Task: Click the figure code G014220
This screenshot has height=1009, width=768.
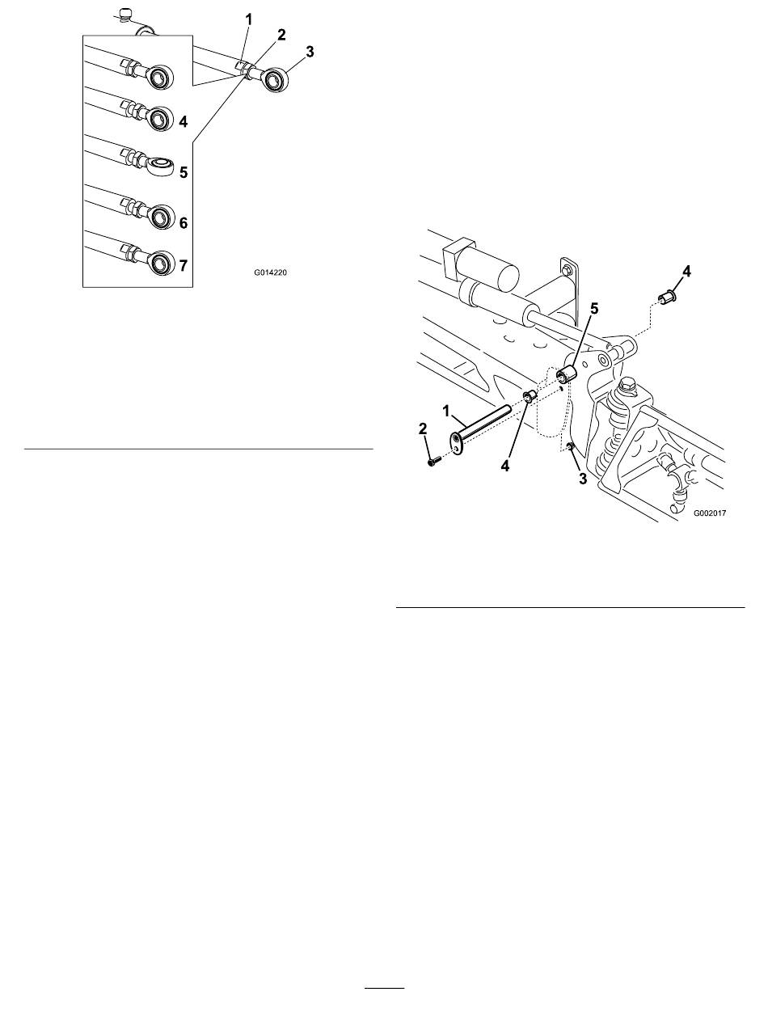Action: (x=270, y=272)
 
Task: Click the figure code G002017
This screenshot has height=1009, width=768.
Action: (x=710, y=513)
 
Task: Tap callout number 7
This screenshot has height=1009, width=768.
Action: (x=183, y=265)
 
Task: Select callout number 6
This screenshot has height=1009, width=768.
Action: (x=183, y=223)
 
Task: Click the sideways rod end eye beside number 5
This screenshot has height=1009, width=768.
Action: (x=161, y=166)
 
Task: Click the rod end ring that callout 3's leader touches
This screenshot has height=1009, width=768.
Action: (x=276, y=80)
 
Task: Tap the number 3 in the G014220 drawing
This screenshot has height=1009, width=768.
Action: (x=310, y=53)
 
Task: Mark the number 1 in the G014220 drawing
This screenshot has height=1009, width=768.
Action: (x=249, y=19)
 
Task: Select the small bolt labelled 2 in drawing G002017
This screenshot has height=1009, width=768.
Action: (x=434, y=461)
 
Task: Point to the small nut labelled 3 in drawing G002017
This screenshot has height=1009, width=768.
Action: (x=570, y=445)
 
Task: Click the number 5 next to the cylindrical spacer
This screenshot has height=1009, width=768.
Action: (x=594, y=309)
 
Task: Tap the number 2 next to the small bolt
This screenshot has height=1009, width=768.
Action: (x=422, y=429)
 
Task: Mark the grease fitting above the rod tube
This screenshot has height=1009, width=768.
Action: (x=123, y=15)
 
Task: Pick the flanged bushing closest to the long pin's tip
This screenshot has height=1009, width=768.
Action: (x=530, y=396)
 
